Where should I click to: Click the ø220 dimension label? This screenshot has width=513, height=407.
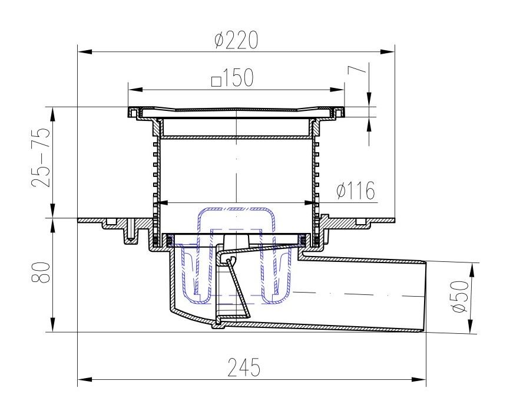[237, 40]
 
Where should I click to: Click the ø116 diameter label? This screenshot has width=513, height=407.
[356, 191]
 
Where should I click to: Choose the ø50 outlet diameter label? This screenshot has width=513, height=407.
[461, 296]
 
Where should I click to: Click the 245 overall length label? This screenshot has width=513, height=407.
[244, 367]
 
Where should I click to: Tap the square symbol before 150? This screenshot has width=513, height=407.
[216, 81]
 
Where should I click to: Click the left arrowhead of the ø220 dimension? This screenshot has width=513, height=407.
[84, 52]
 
